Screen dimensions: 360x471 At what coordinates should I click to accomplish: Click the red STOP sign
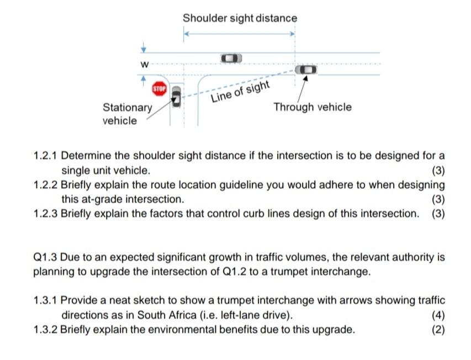pyautogui.click(x=159, y=88)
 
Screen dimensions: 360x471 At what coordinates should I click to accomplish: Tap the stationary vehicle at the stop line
pyautogui.click(x=176, y=97)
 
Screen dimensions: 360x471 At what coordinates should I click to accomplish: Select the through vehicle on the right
pyautogui.click(x=305, y=70)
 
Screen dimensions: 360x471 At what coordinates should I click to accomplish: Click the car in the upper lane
pyautogui.click(x=231, y=58)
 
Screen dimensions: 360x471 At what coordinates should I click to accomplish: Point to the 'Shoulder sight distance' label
pyautogui.click(x=240, y=18)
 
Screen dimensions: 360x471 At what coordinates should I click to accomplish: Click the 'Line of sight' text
pyautogui.click(x=241, y=92)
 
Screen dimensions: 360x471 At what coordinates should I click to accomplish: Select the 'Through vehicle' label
pyautogui.click(x=312, y=107)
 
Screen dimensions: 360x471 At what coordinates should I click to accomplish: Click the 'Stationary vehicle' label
pyautogui.click(x=127, y=114)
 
